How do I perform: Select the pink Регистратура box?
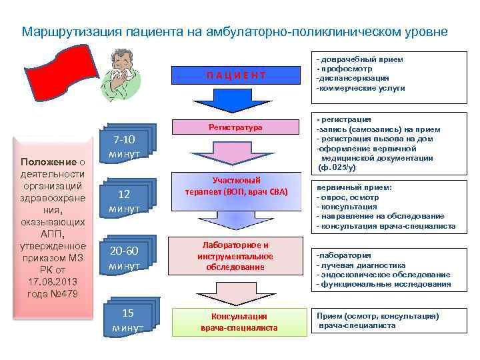(235, 127)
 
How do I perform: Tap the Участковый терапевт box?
(235, 186)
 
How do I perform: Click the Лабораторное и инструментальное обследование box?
(235, 256)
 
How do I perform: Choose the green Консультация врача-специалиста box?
(239, 322)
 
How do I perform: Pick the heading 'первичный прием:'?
(354, 188)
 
